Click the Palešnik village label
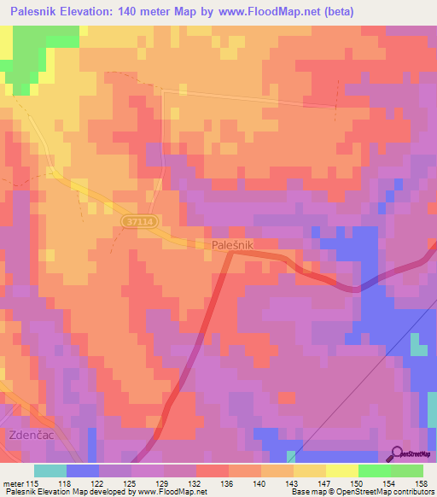232,244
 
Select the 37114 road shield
139,221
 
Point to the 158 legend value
421,482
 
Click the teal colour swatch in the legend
50,471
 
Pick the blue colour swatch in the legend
83,471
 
